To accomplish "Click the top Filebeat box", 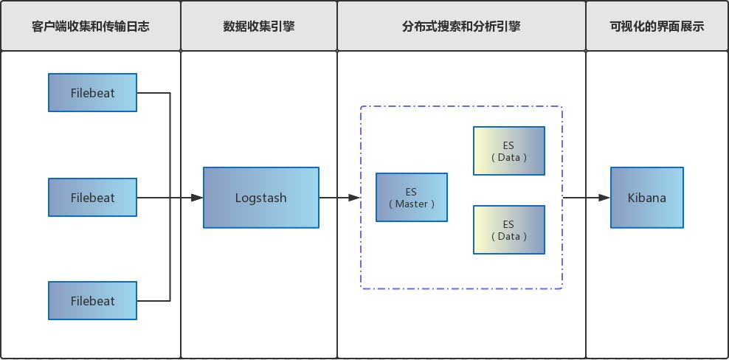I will click(x=92, y=93).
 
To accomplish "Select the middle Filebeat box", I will click(x=92, y=198).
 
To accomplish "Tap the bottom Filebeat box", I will click(x=92, y=301).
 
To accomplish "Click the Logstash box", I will click(x=260, y=198).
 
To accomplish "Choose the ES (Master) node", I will click(x=411, y=198).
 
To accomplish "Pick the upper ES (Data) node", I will click(x=508, y=151).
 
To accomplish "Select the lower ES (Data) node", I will click(x=508, y=230).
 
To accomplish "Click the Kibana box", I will click(x=646, y=198).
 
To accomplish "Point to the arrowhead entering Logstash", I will click(x=197, y=198).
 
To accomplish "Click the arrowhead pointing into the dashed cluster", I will click(x=354, y=198).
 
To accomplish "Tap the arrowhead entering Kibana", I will click(x=604, y=198).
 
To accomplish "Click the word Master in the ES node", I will click(x=412, y=204).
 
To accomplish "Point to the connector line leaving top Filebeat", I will click(x=154, y=93).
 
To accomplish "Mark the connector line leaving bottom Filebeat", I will click(x=154, y=301).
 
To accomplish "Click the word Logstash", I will click(x=260, y=198).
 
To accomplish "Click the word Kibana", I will click(x=646, y=198).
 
